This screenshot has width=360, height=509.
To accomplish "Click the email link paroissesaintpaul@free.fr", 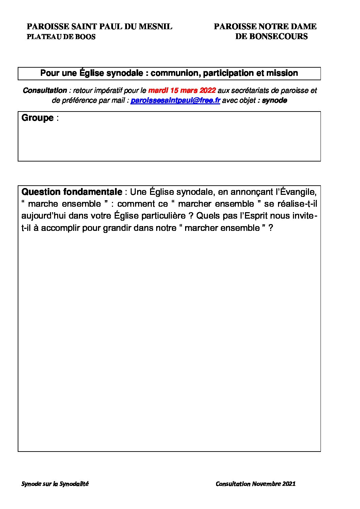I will (175, 101).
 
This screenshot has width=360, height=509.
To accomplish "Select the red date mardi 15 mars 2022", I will (182, 90).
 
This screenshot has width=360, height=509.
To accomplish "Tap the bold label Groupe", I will (37, 118).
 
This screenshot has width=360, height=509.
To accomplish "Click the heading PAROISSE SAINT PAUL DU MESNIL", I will (99, 27).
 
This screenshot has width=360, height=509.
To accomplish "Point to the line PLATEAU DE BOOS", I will (61, 37).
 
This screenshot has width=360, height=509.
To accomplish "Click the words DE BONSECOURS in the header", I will (271, 36).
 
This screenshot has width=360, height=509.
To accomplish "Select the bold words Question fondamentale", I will (71, 192).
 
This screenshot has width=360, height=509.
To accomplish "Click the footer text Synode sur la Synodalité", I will (55, 483).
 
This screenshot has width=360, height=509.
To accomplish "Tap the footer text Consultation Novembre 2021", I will (256, 483).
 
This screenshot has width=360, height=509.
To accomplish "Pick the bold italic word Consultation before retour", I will (45, 90).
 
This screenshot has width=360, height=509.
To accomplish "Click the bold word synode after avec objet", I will (274, 101).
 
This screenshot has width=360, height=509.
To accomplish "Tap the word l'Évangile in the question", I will (296, 192).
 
